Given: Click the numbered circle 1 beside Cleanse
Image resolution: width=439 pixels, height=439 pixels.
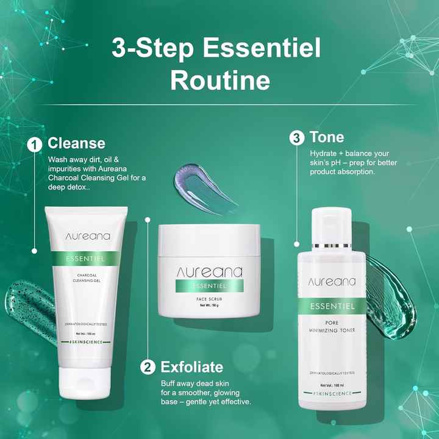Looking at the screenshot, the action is click(x=34, y=145).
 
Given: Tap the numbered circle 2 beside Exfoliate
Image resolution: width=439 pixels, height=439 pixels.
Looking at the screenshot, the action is click(x=148, y=367).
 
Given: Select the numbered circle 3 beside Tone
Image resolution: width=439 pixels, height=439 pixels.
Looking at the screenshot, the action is click(x=297, y=138).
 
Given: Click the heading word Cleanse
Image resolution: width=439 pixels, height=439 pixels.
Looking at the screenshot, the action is click(x=76, y=143).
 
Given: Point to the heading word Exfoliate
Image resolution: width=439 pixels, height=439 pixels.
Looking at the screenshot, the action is click(x=192, y=367).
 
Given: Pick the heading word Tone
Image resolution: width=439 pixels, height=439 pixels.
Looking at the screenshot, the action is click(x=327, y=137).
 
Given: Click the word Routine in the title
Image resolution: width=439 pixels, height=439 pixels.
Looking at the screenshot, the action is click(x=220, y=80).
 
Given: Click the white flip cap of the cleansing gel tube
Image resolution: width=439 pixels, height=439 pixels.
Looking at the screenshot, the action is click(x=85, y=383).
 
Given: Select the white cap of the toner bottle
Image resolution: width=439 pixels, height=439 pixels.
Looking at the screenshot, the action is click(x=331, y=226).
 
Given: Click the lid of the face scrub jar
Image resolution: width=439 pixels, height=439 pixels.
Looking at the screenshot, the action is click(x=209, y=240).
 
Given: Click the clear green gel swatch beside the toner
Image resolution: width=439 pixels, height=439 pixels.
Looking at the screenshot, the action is click(x=391, y=296).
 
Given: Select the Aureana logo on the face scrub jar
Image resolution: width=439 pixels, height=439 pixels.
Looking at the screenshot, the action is click(x=209, y=273).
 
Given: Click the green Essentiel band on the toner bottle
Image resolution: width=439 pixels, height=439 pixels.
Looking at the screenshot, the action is click(x=332, y=306).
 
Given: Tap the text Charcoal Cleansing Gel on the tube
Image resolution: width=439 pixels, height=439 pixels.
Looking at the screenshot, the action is click(x=87, y=277).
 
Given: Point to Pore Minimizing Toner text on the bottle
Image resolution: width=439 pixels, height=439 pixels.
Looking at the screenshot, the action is click(x=332, y=326).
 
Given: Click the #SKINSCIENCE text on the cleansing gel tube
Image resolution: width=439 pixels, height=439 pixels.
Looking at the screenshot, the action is click(x=86, y=342).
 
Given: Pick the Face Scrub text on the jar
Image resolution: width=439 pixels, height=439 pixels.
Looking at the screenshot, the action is click(x=209, y=299).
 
